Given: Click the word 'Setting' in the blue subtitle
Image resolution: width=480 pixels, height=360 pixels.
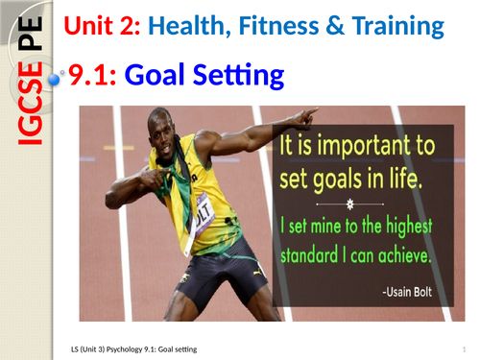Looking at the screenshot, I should pyautogui.click(x=240, y=74).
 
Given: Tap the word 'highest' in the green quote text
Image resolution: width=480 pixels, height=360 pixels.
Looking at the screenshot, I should pyautogui.click(x=413, y=228).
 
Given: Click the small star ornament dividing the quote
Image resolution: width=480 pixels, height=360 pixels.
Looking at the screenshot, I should pyautogui.click(x=362, y=204).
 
